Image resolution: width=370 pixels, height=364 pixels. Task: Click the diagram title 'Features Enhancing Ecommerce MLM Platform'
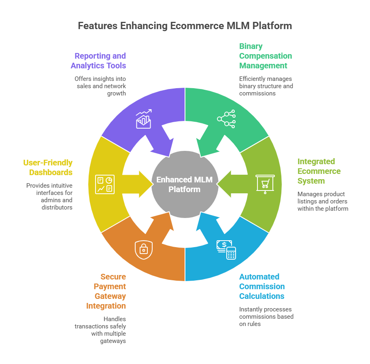(185, 26)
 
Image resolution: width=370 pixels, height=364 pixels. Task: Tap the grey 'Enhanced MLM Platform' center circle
(185, 184)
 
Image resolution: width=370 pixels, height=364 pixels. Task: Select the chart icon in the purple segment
(144, 119)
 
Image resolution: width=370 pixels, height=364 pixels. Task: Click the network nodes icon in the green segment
(226, 119)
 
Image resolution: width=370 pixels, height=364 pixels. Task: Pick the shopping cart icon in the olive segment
(265, 184)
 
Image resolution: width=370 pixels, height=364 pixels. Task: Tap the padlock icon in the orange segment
(143, 250)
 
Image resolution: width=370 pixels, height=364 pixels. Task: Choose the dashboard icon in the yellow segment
(104, 184)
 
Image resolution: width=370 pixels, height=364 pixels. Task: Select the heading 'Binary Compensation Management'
(265, 56)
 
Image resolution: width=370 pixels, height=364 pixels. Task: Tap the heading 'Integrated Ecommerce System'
(319, 171)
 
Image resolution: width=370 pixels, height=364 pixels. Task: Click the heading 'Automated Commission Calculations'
(262, 286)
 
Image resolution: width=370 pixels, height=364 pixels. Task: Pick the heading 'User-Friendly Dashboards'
(48, 167)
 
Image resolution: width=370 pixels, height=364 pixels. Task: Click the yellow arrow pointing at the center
(142, 184)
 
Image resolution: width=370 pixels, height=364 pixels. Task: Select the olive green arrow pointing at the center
(228, 184)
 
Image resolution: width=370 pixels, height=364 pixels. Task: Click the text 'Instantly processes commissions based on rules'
(266, 316)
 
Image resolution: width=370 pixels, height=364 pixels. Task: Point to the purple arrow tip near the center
(169, 152)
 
